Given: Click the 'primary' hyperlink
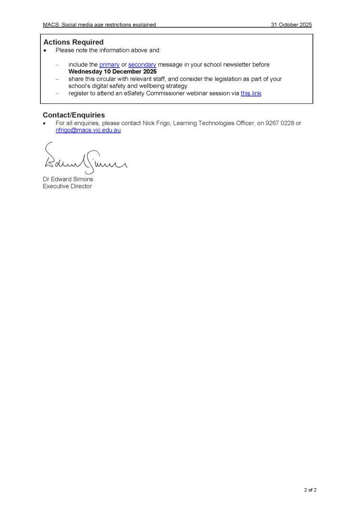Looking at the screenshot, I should tap(109, 65).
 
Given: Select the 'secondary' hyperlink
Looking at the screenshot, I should tap(142, 65).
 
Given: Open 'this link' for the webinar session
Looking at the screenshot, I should tap(251, 93).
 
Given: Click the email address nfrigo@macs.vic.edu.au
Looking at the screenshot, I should tap(88, 130).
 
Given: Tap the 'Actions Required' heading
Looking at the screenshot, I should tap(73, 42).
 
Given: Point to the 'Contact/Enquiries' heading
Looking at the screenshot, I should tap(73, 115).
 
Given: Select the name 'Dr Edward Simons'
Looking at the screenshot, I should tap(68, 179).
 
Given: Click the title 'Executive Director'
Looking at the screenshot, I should tap(67, 186).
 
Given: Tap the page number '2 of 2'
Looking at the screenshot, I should tap(310, 489).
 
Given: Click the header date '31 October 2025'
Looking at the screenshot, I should tap(291, 25).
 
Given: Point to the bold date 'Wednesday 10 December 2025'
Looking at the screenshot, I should tap(112, 72).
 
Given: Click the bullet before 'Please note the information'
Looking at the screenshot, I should tap(45, 51).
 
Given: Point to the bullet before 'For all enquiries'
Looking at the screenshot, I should tap(45, 123).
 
